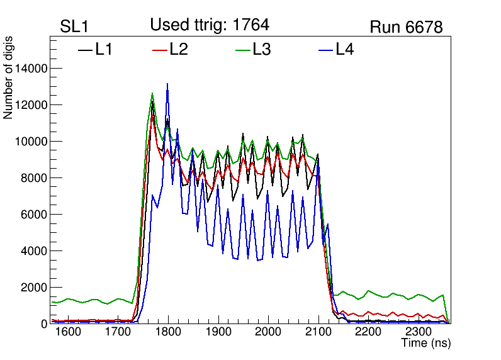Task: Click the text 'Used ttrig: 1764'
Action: [x=210, y=25]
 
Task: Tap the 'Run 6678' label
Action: [x=406, y=27]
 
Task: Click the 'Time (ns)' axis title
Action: [x=426, y=344]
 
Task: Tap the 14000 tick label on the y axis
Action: [x=30, y=69]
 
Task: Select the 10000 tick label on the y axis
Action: [x=30, y=142]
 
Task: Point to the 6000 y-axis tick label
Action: [x=33, y=215]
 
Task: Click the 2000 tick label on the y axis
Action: [x=33, y=288]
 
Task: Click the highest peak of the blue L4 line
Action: [x=167, y=84]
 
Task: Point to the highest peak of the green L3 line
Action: [x=152, y=94]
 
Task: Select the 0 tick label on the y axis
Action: [x=44, y=323]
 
